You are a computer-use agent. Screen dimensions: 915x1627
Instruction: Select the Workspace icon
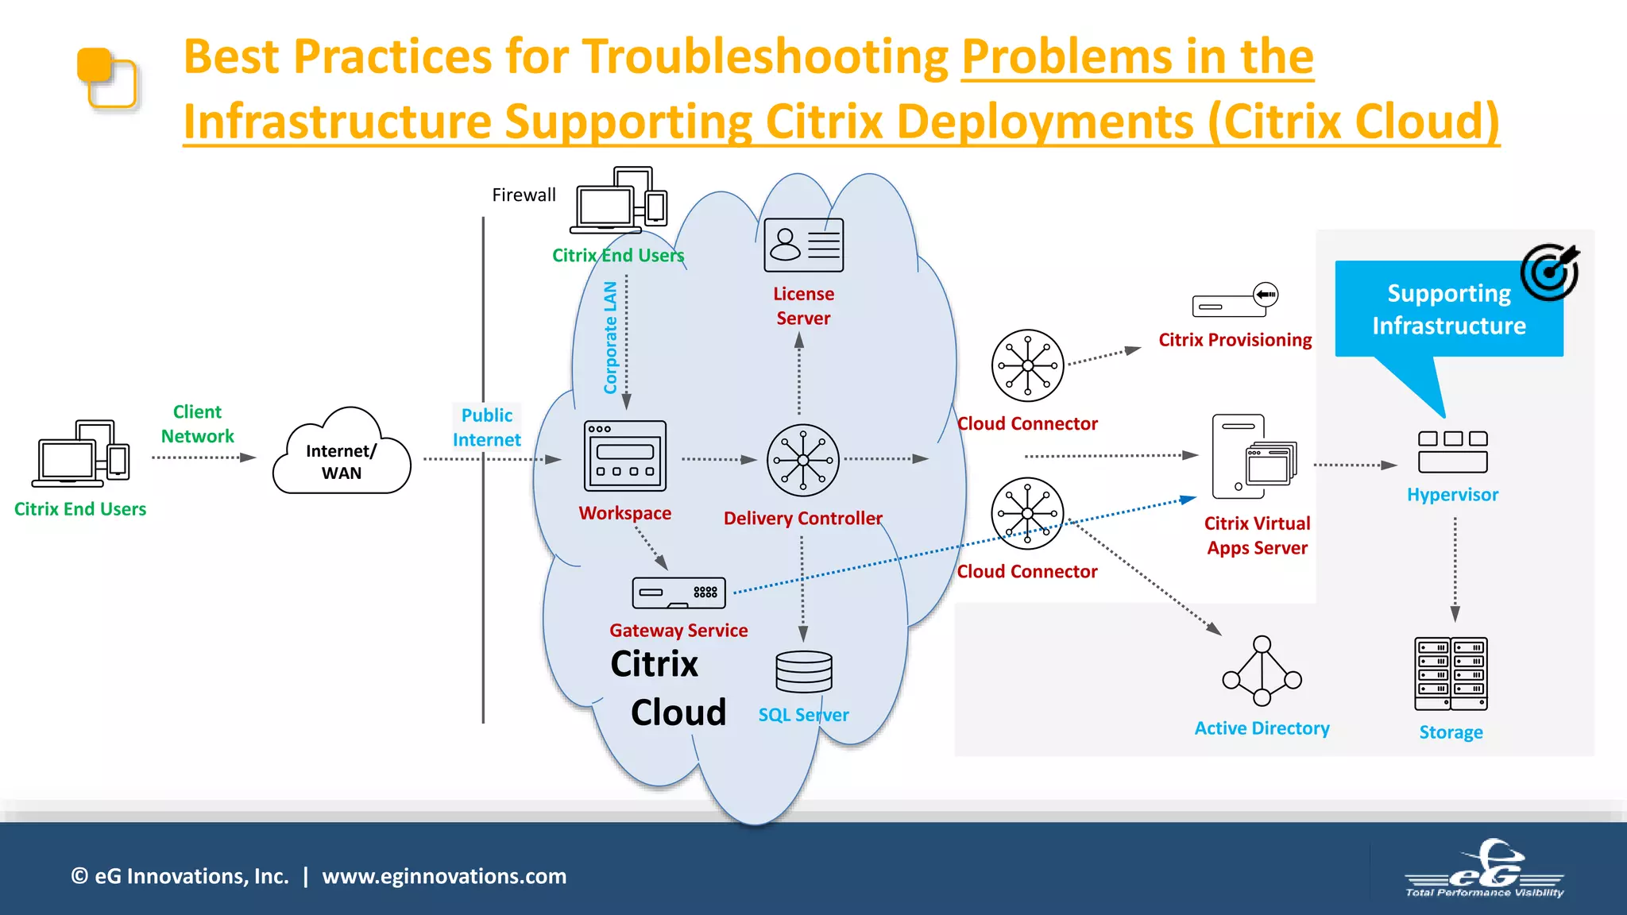(625, 456)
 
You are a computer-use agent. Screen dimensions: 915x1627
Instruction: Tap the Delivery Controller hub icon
(802, 461)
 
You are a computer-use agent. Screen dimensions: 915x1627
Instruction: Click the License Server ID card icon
(803, 245)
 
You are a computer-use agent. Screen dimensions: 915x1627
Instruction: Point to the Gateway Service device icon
(678, 593)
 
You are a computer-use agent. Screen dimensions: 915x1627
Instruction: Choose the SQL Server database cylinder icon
(804, 672)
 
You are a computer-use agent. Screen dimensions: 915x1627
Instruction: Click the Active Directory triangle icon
(1262, 671)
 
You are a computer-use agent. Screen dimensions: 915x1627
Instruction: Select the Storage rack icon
(1451, 674)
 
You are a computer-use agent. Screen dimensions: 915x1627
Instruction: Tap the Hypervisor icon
(1452, 451)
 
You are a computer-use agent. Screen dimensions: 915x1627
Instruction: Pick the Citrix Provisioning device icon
(1235, 300)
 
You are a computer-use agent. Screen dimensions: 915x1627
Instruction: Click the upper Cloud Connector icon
(1027, 365)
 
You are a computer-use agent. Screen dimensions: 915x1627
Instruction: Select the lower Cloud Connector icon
(1027, 513)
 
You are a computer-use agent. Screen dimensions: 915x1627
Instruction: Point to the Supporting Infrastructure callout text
(1449, 310)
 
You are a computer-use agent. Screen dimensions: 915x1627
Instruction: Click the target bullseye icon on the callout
(1549, 272)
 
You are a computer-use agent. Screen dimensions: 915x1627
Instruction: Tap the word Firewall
(524, 195)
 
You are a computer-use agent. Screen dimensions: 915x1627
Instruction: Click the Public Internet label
(487, 427)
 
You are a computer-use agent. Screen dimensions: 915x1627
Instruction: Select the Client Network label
(197, 424)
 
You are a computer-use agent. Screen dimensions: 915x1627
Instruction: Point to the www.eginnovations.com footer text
(444, 876)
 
